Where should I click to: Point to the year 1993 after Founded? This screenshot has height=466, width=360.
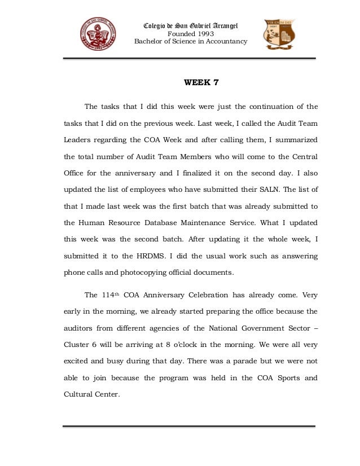200,33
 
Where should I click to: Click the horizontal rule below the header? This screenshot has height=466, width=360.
189,58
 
